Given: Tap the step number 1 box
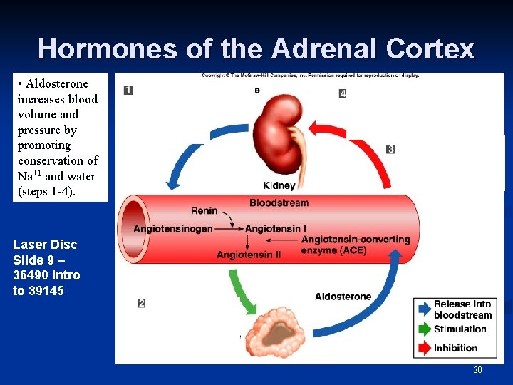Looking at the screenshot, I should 128,90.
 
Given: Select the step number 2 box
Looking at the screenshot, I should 141,303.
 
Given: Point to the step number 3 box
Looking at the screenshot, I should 390,149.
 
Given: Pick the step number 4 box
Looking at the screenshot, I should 343,93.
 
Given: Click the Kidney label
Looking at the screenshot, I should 279,185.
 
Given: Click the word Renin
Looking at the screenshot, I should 204,211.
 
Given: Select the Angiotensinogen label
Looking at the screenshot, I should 173,229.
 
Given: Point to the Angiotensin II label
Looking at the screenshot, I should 248,255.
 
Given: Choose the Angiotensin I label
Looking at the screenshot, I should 276,229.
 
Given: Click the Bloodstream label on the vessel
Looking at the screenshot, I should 279,203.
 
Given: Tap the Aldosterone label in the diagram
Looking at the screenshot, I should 343,297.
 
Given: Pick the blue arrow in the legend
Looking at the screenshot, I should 423,309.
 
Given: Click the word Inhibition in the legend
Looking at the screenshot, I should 455,348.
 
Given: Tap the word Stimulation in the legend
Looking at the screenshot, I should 460,329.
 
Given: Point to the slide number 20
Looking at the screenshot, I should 477,370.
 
